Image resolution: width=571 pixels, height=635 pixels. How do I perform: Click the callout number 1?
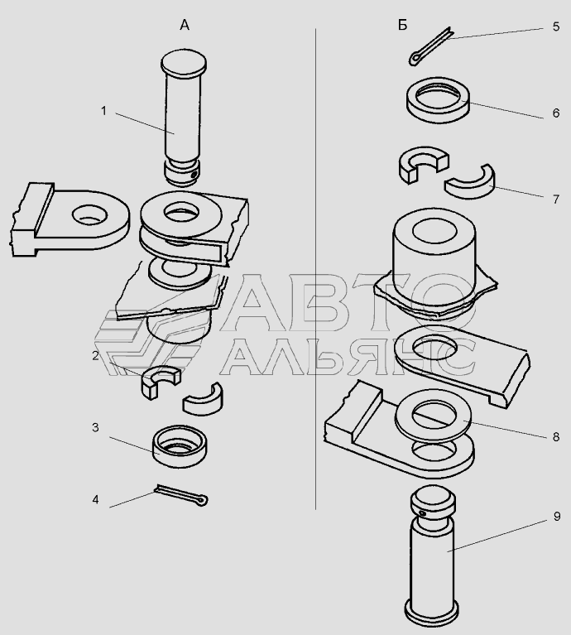(103, 111)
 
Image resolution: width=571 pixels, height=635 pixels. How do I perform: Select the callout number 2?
(95, 355)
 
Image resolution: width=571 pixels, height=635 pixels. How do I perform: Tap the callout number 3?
(95, 428)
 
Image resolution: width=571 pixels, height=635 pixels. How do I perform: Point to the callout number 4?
(95, 500)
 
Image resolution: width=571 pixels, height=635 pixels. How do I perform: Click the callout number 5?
(556, 26)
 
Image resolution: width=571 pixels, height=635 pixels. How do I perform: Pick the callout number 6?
(556, 113)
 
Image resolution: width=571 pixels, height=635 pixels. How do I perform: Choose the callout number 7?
(556, 200)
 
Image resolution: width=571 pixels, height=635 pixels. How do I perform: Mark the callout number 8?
(556, 437)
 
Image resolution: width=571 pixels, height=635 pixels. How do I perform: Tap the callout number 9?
(557, 517)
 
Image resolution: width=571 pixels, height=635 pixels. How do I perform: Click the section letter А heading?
(185, 26)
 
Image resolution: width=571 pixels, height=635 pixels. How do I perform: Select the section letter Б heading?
(402, 26)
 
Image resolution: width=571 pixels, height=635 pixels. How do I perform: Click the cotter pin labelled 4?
(182, 495)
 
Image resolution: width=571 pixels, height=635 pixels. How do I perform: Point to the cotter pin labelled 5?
(430, 46)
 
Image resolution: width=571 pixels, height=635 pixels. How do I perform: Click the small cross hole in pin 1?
(194, 174)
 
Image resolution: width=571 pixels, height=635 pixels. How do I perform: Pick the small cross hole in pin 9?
(423, 513)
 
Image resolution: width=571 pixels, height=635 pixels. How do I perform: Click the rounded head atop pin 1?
(184, 65)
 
